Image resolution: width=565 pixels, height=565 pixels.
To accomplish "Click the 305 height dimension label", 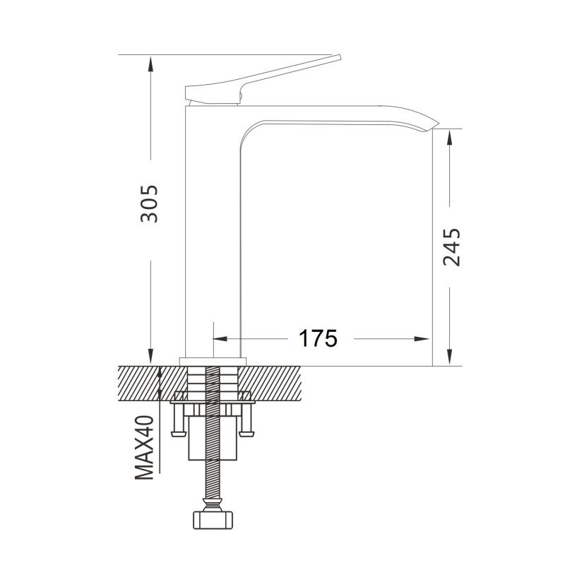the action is [149, 204].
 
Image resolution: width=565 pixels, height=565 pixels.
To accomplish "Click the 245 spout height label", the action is [451, 247].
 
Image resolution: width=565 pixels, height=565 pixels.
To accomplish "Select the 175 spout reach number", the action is [319, 338].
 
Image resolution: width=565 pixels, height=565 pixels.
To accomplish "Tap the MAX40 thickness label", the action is [145, 448].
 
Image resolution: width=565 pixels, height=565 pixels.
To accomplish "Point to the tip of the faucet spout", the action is [438, 122].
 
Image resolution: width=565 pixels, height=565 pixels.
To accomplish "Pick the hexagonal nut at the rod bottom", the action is [213, 520].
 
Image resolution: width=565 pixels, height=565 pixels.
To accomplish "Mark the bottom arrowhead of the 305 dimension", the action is [150, 357].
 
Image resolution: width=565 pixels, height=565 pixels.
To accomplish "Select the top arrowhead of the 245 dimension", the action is [449, 137].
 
